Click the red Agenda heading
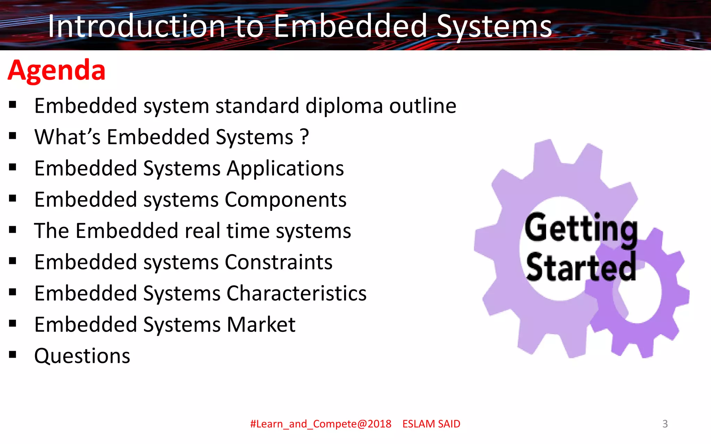click(x=57, y=70)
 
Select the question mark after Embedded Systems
click(x=304, y=137)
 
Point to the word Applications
click(x=285, y=169)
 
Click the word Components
click(x=285, y=200)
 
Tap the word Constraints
click(x=278, y=262)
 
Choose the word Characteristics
click(x=296, y=293)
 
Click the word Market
click(x=261, y=325)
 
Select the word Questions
click(x=82, y=356)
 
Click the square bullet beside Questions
click(x=13, y=355)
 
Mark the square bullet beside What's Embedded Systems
click(x=13, y=136)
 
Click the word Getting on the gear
click(x=581, y=229)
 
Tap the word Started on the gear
click(x=581, y=267)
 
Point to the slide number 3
click(x=665, y=424)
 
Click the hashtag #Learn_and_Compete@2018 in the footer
click(x=320, y=424)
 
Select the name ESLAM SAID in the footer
click(x=431, y=424)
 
